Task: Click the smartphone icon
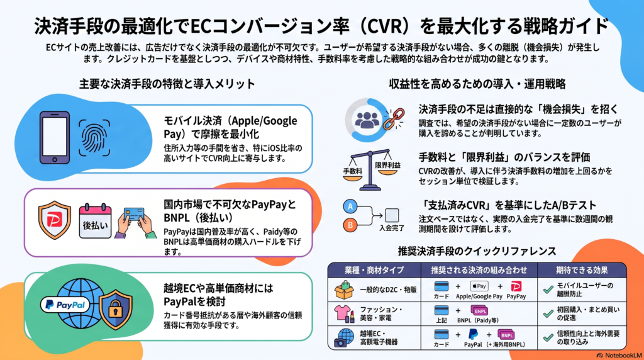[x=55, y=138]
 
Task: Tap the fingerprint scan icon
[x=94, y=138]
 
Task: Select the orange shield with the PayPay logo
[x=54, y=220]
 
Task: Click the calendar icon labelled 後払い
[x=95, y=221]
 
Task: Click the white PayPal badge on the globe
[x=65, y=305]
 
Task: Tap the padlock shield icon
[x=116, y=309]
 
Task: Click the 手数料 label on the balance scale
[x=352, y=171]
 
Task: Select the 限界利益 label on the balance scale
[x=387, y=165]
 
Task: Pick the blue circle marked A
[x=350, y=206]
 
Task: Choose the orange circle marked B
[x=350, y=225]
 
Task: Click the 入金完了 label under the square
[x=391, y=228]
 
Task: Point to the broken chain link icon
[x=393, y=119]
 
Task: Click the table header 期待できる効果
[x=582, y=270]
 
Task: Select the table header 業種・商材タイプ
[x=374, y=270]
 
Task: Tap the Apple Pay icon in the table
[x=479, y=286]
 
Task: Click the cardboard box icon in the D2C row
[x=344, y=290]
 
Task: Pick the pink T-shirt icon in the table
[x=342, y=313]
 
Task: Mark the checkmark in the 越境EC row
[x=548, y=337]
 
